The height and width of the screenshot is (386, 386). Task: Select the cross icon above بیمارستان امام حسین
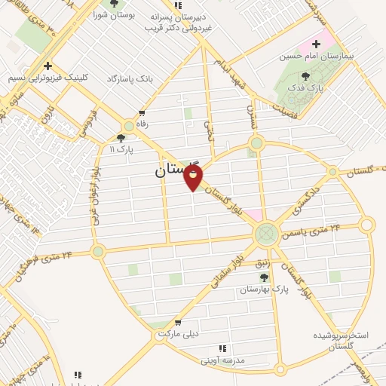[x=317, y=44]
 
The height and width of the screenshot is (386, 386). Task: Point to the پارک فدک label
[x=305, y=88]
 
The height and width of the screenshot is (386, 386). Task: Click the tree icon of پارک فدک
[x=305, y=75]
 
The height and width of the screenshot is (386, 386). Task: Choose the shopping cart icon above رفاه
[x=142, y=113]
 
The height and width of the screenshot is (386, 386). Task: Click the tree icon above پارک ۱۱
[x=121, y=138]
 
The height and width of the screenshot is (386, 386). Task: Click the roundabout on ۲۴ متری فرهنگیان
[x=97, y=251]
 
